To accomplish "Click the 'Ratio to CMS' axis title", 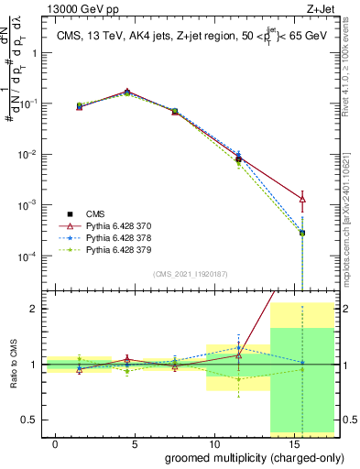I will tap(13, 365).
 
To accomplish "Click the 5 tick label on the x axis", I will tap(135, 442).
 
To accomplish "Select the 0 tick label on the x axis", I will tap(56, 442).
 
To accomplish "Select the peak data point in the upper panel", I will tap(126, 93).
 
